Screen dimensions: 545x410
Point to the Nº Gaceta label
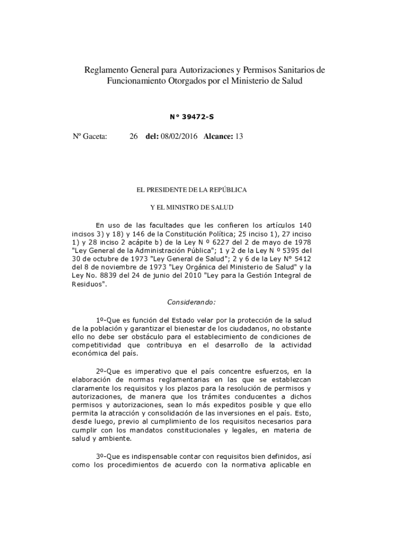(x=90, y=137)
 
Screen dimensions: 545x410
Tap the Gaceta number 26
(x=134, y=137)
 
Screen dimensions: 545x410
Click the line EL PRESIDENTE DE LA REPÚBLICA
(x=192, y=189)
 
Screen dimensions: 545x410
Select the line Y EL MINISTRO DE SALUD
(x=192, y=207)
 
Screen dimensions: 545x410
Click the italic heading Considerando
(x=192, y=302)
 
